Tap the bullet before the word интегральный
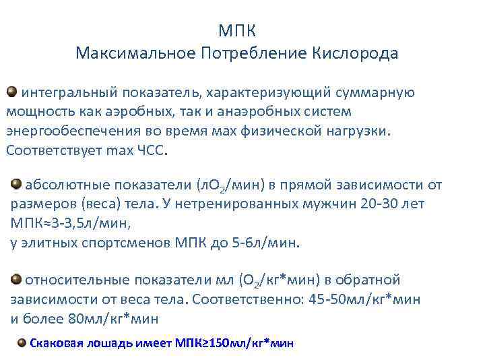tap(12, 90)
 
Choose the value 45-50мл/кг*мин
tap(364, 299)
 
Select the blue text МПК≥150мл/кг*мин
tap(235, 343)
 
